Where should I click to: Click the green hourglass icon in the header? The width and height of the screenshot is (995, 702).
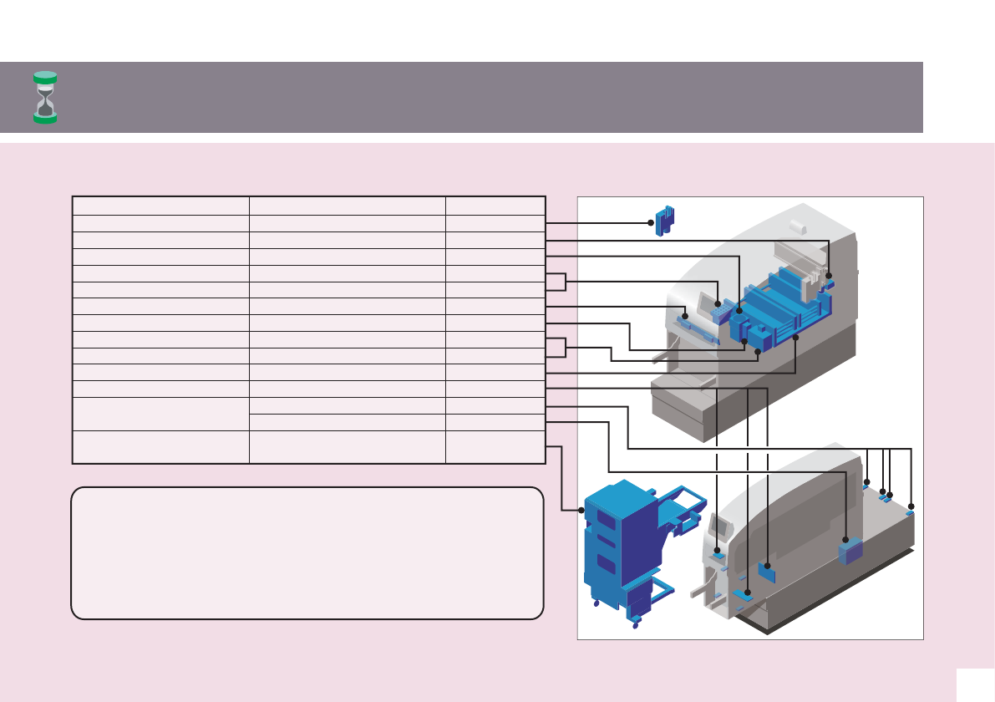pyautogui.click(x=45, y=97)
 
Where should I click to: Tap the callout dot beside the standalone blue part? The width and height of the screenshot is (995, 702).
pyautogui.click(x=651, y=222)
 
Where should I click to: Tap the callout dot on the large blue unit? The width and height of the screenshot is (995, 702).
pyautogui.click(x=581, y=510)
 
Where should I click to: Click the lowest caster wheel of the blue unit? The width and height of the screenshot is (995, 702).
pyautogui.click(x=636, y=625)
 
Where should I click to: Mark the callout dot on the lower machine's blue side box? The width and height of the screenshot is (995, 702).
pyautogui.click(x=846, y=540)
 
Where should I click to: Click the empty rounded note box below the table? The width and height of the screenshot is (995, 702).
pyautogui.click(x=307, y=553)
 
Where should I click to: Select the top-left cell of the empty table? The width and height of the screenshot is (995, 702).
pyautogui.click(x=161, y=206)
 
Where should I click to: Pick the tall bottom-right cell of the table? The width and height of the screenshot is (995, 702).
pyautogui.click(x=495, y=447)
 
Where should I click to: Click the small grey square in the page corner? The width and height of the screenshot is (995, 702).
pyautogui.click(x=975, y=684)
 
